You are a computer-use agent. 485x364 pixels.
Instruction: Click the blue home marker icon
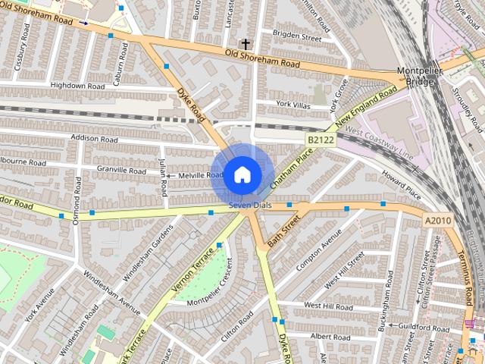pos(241,174)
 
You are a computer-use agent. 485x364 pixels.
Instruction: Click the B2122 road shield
pos(321,140)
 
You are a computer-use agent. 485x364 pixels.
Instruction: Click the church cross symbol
pos(244,44)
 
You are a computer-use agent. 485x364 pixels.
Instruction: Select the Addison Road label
pos(94,140)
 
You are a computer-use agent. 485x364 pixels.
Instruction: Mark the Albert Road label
pos(330,336)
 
